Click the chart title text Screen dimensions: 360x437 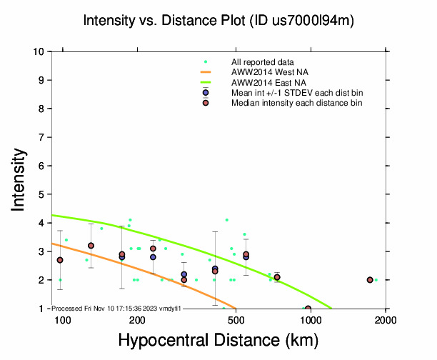pos(218,21)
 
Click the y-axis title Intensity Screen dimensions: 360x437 pos(20,179)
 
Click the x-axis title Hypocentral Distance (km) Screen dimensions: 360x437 pos(218,341)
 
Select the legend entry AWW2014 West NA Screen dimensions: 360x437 pos(264,72)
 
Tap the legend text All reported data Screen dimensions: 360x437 pos(262,62)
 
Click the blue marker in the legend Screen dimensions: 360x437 pos(206,93)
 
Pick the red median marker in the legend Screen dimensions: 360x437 pos(206,103)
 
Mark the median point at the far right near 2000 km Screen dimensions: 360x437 pos(370,280)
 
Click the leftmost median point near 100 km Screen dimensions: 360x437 pos(60,260)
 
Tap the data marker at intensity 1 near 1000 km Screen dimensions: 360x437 pos(308,309)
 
